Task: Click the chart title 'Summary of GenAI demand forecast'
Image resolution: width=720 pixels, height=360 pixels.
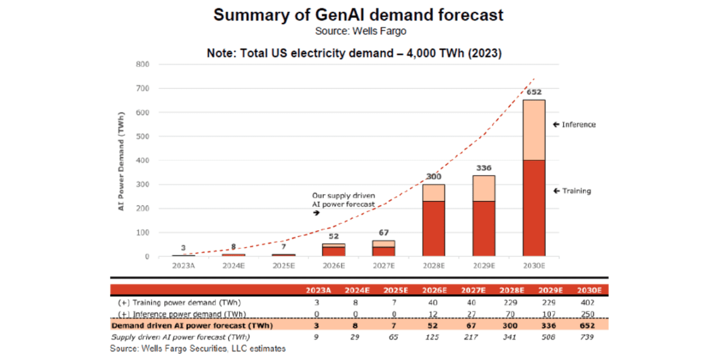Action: click(x=358, y=15)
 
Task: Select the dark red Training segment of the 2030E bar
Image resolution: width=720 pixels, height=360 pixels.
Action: click(x=534, y=208)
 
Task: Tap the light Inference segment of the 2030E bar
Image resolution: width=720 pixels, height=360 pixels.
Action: click(x=534, y=130)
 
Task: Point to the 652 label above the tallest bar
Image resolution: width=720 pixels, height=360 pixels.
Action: click(x=534, y=92)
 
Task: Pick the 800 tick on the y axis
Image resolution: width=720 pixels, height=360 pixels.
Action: click(x=142, y=64)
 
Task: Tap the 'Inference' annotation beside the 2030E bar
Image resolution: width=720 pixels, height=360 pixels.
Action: click(x=578, y=124)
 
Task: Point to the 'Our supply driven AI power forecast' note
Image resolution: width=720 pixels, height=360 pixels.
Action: click(x=343, y=200)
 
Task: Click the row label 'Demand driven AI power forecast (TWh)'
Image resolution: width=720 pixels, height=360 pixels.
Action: click(x=192, y=325)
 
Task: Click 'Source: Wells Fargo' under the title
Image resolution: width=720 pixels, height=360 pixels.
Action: click(x=360, y=31)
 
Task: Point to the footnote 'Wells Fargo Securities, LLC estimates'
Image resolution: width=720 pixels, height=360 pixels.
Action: click(x=198, y=349)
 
